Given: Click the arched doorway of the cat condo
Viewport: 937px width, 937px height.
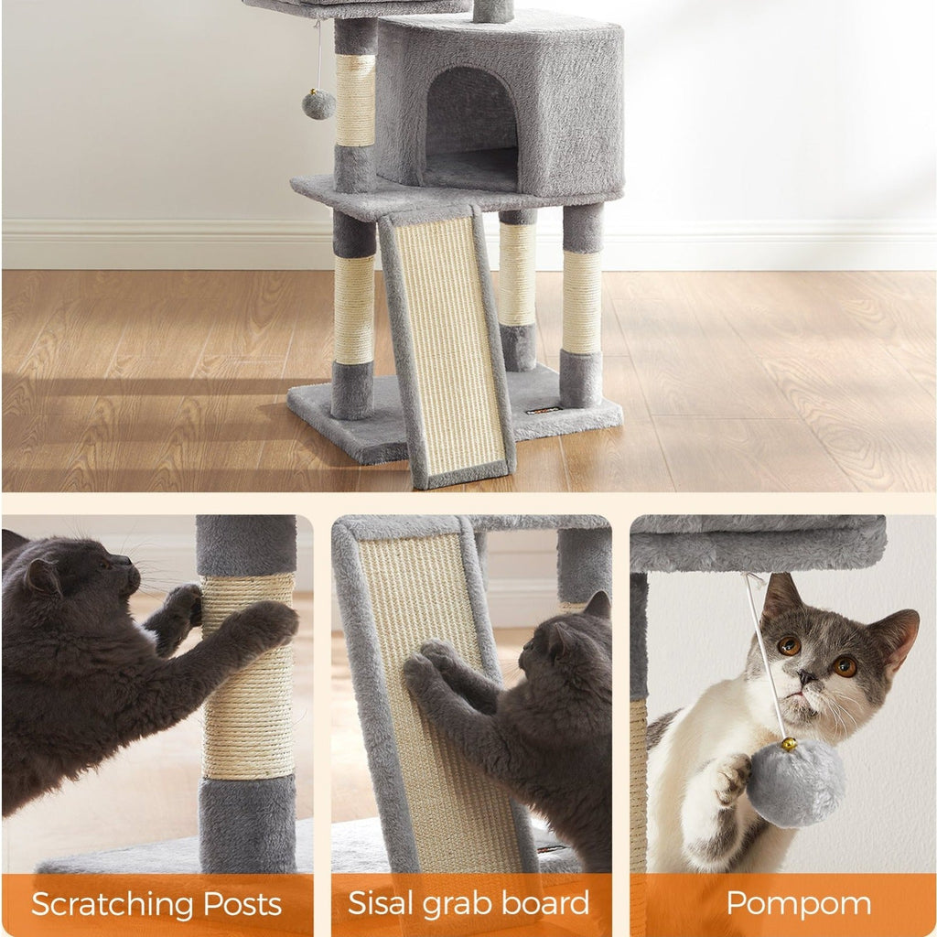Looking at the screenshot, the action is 470,128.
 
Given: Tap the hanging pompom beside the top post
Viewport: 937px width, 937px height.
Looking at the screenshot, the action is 318,104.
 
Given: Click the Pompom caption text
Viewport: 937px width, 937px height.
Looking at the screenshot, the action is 798,903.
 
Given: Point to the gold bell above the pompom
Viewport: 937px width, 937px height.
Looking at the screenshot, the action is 788,744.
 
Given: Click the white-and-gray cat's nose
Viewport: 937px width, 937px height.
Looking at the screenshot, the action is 806,677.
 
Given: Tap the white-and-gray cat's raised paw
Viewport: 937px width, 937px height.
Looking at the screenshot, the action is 733,779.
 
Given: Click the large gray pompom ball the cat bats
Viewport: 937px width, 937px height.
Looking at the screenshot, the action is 795,783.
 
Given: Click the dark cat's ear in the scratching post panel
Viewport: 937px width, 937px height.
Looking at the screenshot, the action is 42,577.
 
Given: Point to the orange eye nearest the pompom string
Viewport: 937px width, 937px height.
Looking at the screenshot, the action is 789,645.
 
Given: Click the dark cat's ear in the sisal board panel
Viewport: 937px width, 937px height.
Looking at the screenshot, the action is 598,606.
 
